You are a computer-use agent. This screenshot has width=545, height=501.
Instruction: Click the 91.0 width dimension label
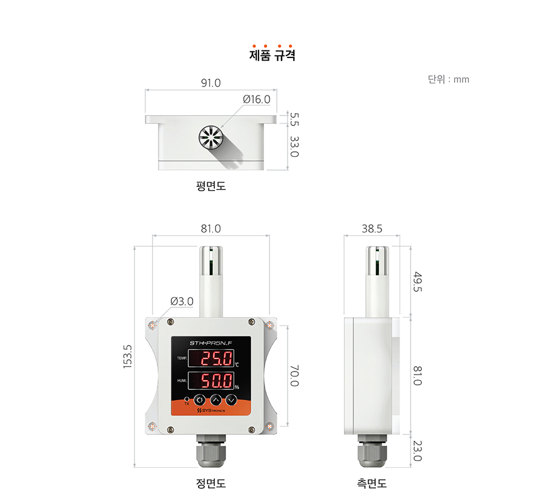(211, 83)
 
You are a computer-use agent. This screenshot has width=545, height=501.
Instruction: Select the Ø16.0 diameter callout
(257, 99)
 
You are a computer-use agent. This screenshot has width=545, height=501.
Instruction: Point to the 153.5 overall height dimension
(128, 356)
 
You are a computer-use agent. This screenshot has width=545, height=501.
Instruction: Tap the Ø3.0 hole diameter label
(182, 301)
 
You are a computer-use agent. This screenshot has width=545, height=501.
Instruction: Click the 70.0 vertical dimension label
(294, 376)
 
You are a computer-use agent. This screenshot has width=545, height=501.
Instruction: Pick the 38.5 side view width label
(372, 229)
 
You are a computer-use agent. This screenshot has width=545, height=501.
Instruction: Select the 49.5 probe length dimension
(417, 281)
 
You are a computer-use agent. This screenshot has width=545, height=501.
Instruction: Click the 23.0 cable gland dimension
(417, 451)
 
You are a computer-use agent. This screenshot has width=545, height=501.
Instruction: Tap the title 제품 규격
(272, 55)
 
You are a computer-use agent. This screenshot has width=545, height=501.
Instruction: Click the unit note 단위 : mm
(448, 79)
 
